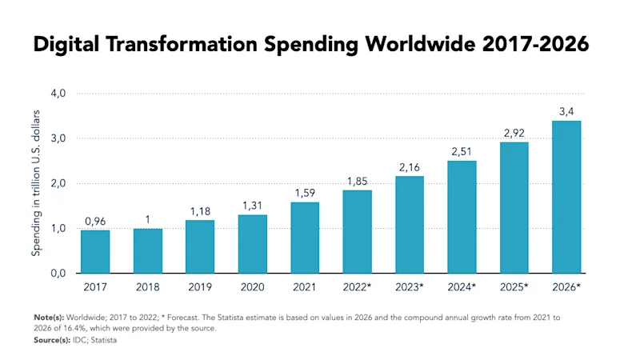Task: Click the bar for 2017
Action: (x=95, y=251)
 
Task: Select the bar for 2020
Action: (x=252, y=243)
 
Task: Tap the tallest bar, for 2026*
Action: (x=566, y=197)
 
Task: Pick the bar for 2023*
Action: (x=409, y=224)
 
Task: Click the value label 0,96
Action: (x=95, y=221)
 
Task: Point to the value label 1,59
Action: (x=305, y=193)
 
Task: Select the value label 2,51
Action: (x=462, y=151)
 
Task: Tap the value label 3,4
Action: (x=566, y=111)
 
